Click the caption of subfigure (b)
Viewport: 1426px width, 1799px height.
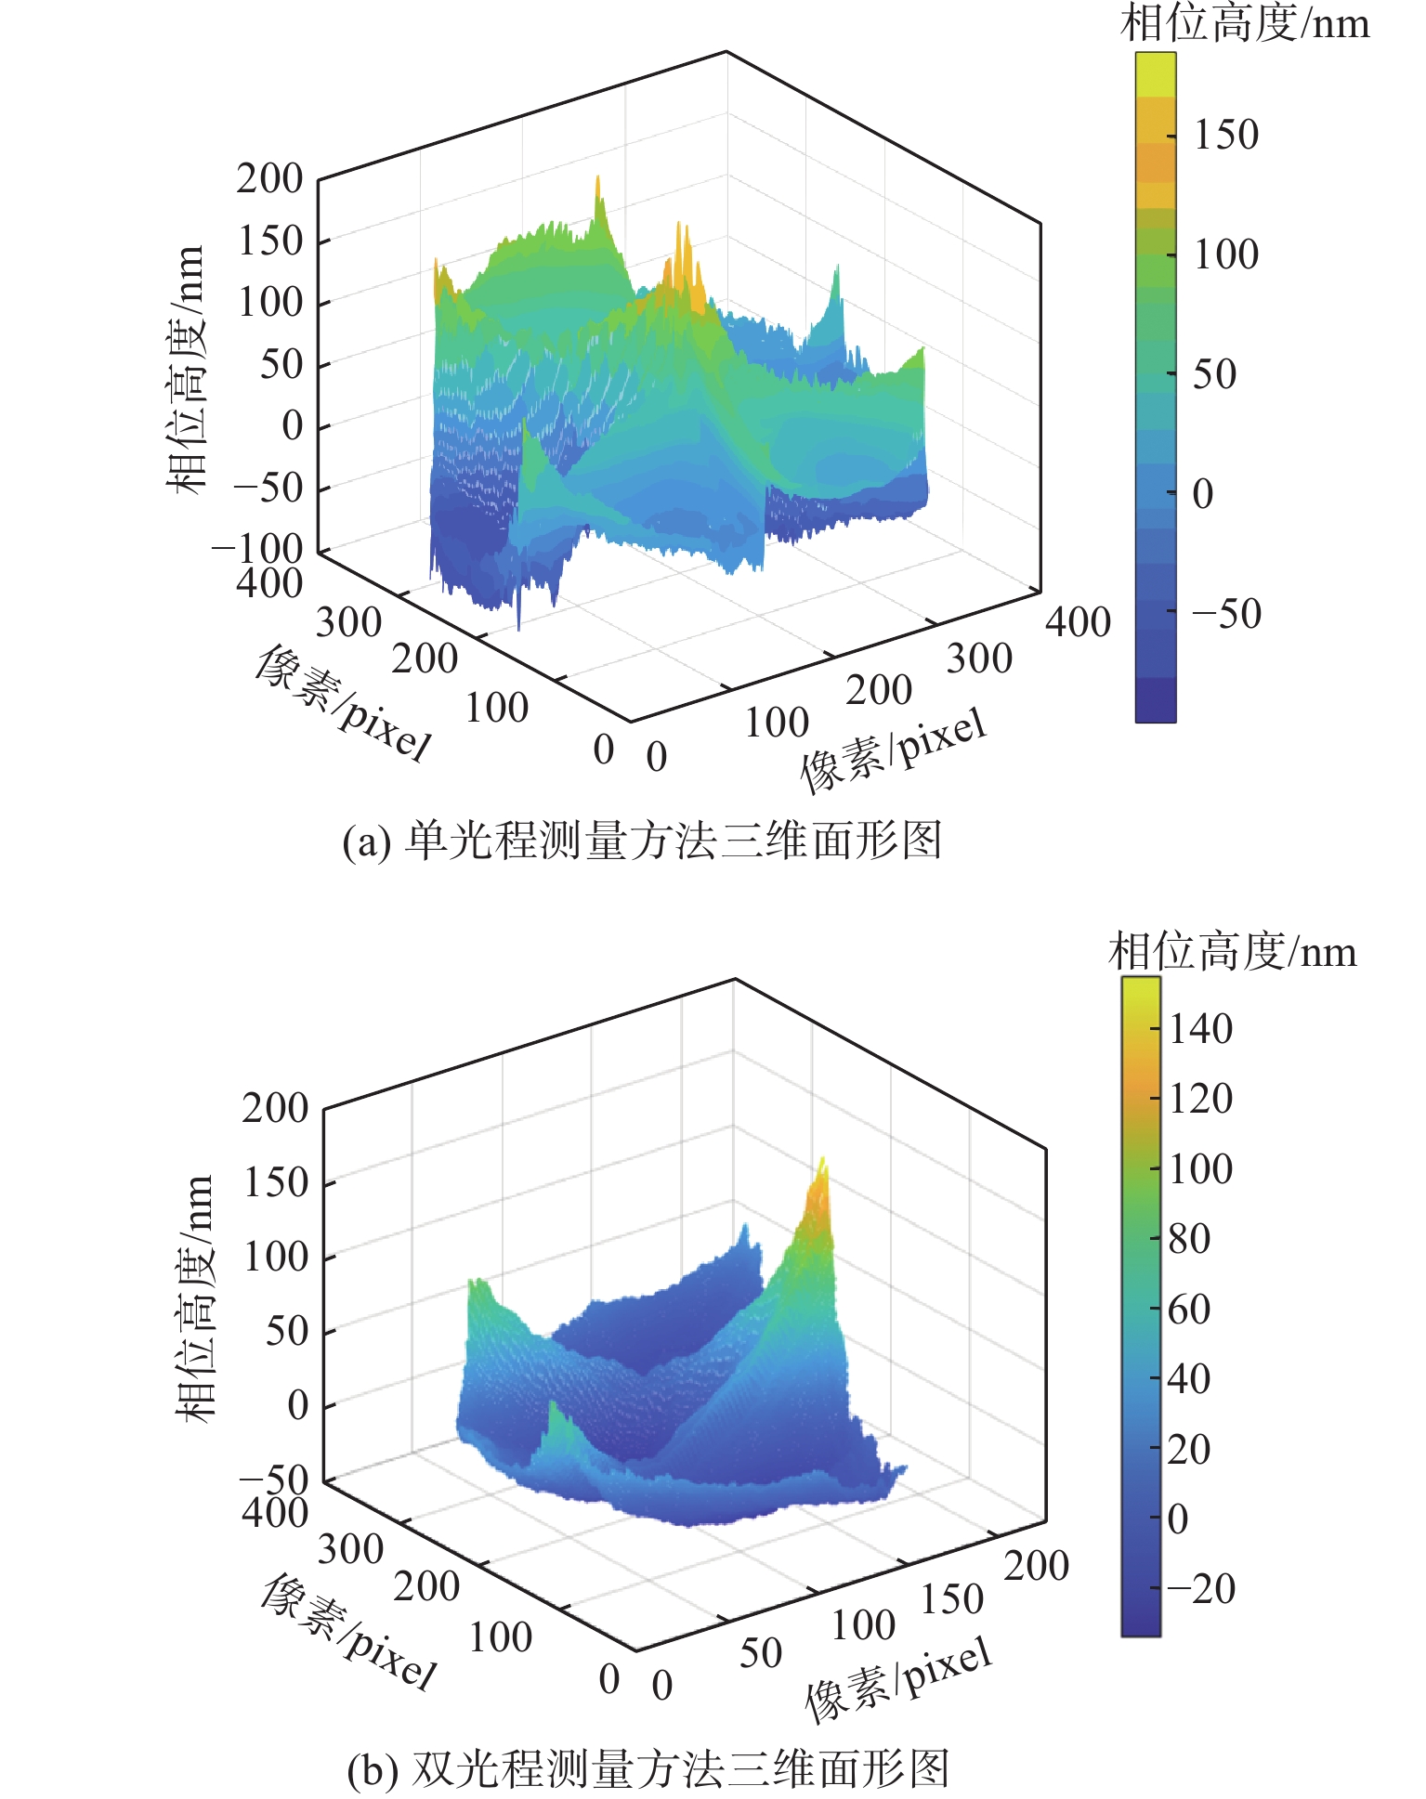(648, 1768)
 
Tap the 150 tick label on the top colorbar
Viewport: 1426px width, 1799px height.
(1225, 136)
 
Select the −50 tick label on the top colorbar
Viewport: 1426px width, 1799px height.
(1225, 614)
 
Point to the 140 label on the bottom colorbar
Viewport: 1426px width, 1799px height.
(1200, 1029)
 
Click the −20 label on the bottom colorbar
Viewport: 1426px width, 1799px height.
(1200, 1589)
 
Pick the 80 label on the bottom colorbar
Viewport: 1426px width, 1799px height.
(1189, 1239)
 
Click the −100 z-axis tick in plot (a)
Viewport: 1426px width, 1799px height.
(258, 550)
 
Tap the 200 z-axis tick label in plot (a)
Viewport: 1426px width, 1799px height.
(269, 178)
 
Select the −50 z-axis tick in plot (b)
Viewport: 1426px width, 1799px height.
(274, 1479)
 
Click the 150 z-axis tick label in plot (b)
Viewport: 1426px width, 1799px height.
(275, 1182)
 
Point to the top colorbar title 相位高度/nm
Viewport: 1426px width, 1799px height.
(1245, 24)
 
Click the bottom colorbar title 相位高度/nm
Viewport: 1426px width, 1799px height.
(1232, 952)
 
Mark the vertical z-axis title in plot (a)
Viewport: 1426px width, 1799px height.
(186, 369)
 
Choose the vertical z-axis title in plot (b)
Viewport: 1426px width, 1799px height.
(195, 1297)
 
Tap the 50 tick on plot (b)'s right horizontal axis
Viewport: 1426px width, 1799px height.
(760, 1652)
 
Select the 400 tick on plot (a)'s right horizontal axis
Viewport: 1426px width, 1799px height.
(1078, 622)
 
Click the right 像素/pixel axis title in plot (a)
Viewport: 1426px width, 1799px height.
(893, 750)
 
